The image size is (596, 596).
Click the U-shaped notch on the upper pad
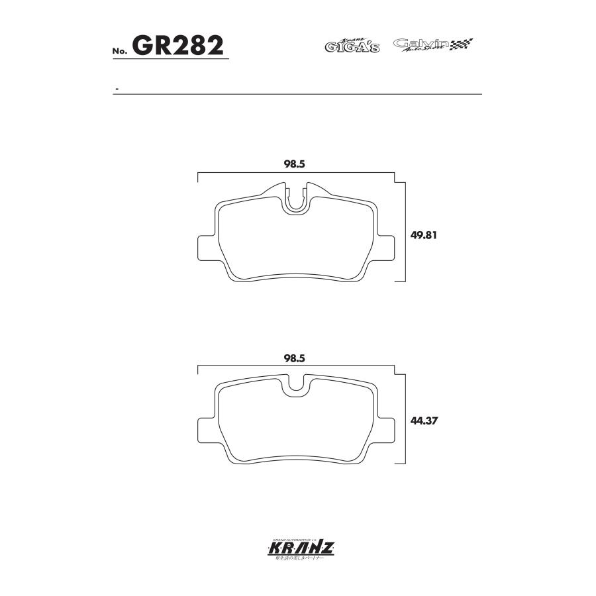(x=297, y=202)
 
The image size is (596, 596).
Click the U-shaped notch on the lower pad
(x=297, y=389)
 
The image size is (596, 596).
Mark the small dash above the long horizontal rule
(x=117, y=89)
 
